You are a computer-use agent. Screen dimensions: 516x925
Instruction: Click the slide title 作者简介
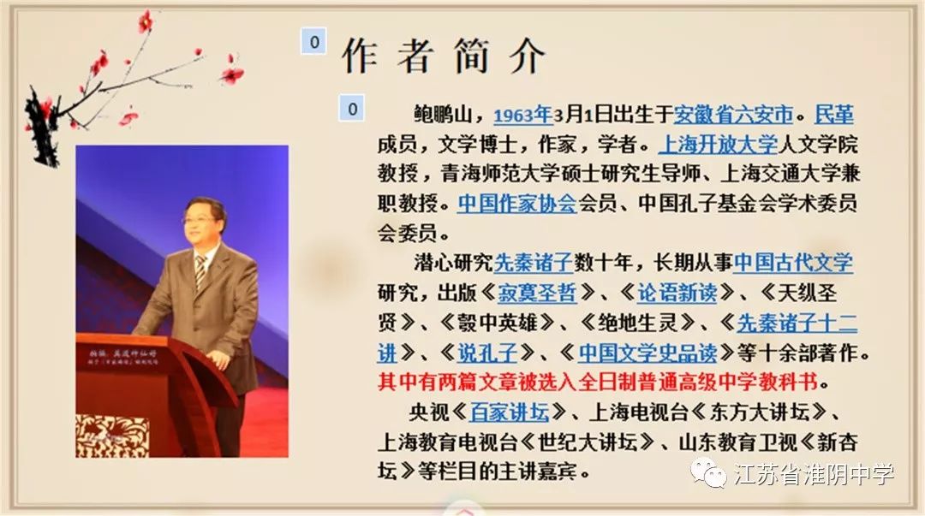tap(444, 56)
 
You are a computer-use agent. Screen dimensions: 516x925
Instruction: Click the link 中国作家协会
tap(517, 204)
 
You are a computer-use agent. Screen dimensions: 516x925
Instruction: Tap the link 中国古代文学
tap(793, 263)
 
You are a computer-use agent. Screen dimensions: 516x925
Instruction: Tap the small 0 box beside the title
tap(314, 41)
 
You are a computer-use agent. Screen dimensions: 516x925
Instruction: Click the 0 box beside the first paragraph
tap(352, 108)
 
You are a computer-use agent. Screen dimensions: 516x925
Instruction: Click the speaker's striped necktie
tap(200, 271)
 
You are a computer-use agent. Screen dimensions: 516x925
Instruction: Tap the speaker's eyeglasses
tap(200, 220)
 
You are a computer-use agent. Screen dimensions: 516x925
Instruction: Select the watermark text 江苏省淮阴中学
tap(814, 474)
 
